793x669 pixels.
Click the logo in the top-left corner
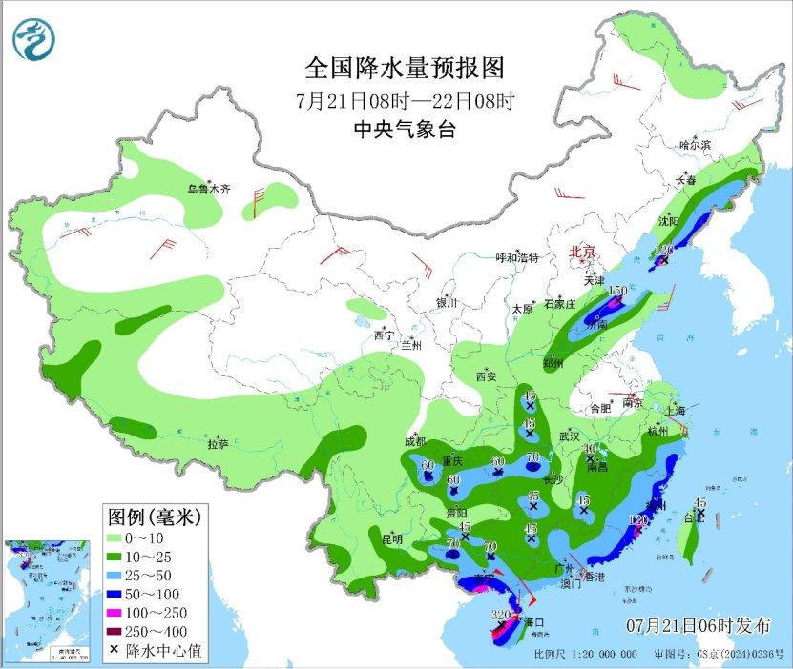pyautogui.click(x=34, y=38)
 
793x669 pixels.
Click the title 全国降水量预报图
pyautogui.click(x=404, y=69)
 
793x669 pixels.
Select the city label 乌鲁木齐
pyautogui.click(x=208, y=190)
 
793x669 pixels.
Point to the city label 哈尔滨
pyautogui.click(x=696, y=145)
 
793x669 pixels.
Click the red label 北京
pyautogui.click(x=582, y=253)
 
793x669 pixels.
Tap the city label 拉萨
pyautogui.click(x=218, y=444)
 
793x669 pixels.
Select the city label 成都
pyautogui.click(x=416, y=441)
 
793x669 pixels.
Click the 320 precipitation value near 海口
pyautogui.click(x=500, y=615)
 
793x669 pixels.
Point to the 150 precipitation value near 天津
pyautogui.click(x=617, y=291)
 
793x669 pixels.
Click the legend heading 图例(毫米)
pyautogui.click(x=153, y=517)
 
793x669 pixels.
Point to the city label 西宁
pyautogui.click(x=384, y=335)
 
